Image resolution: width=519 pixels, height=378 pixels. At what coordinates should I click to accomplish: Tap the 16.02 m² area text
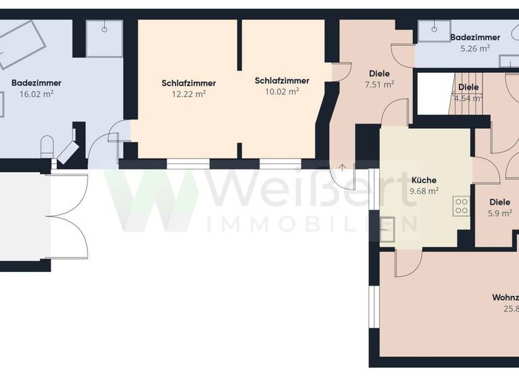(x=36, y=94)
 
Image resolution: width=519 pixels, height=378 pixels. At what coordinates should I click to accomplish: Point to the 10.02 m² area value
(x=282, y=92)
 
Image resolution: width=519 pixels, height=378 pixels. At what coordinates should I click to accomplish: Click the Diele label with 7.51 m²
(x=379, y=74)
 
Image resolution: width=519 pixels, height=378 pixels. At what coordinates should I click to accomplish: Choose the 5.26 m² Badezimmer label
(x=475, y=37)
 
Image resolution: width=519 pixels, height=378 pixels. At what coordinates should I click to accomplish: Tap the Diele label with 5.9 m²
(x=500, y=201)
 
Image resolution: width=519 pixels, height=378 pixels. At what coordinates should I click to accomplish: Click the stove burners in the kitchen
(x=462, y=205)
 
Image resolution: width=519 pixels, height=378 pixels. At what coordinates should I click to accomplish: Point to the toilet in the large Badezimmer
(x=47, y=146)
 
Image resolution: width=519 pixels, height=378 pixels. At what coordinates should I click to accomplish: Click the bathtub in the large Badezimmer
(x=22, y=44)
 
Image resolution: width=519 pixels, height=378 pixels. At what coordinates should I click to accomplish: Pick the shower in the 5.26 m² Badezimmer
(x=430, y=32)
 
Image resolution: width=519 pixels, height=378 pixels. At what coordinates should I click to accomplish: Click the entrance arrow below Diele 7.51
(x=343, y=167)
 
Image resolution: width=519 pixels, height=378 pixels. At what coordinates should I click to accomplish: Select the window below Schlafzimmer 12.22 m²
(x=188, y=163)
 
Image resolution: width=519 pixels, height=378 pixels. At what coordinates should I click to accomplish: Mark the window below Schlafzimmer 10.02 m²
(x=280, y=163)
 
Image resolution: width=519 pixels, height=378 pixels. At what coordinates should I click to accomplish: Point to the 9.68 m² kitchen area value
(x=424, y=191)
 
